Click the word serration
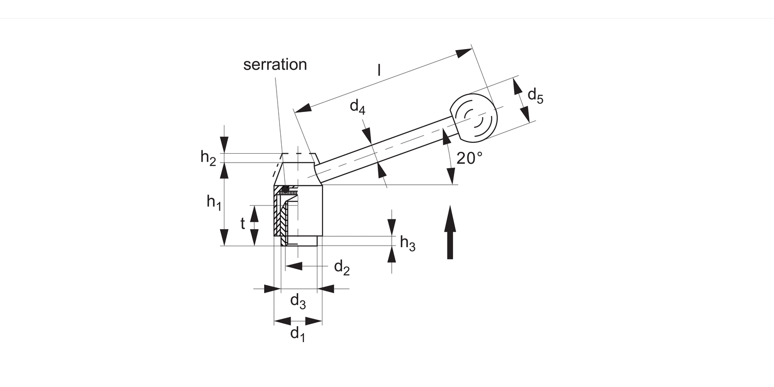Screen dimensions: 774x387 275,64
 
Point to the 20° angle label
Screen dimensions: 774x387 470,158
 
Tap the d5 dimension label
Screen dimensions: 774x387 536,95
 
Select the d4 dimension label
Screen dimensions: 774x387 358,106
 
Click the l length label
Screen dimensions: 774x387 379,70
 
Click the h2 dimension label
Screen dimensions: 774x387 208,158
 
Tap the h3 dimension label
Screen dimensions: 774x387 408,243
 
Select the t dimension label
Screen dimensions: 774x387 243,224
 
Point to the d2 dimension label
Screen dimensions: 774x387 342,268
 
